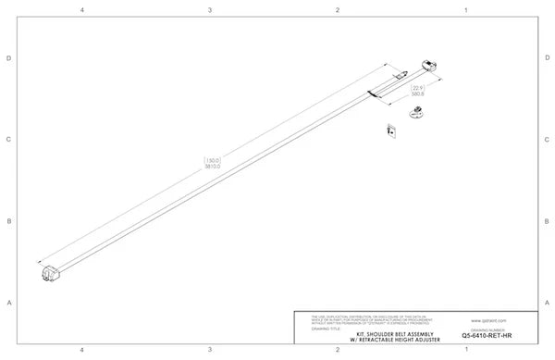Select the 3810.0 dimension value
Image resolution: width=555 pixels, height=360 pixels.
[212, 167]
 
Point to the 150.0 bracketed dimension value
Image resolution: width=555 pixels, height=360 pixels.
[212, 159]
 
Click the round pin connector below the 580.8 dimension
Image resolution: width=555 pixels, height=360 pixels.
[415, 113]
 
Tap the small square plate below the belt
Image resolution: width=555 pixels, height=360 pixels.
[391, 130]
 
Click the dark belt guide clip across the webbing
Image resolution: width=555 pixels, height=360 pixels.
[372, 91]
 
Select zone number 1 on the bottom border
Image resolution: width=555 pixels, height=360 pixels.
[465, 349]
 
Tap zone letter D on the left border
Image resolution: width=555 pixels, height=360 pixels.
[8, 58]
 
